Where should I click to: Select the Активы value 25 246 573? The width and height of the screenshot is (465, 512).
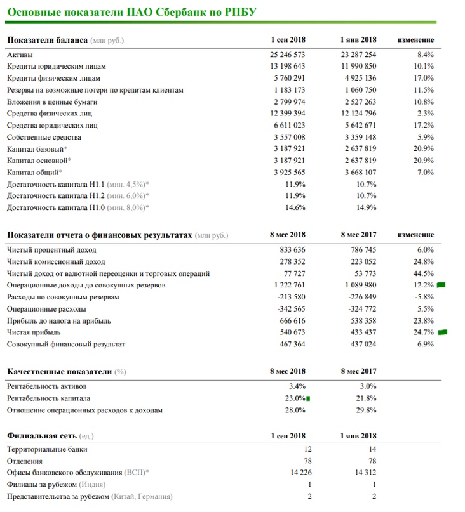tap(288, 55)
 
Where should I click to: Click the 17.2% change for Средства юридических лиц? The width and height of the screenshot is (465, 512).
tap(424, 126)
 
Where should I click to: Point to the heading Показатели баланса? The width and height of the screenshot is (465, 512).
tap(47, 41)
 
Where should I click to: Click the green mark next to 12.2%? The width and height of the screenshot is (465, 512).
tap(441, 286)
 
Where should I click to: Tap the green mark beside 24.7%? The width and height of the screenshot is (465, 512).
tap(443, 331)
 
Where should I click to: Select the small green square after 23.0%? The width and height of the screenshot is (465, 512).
tap(308, 398)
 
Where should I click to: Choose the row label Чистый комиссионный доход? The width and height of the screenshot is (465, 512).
tap(55, 262)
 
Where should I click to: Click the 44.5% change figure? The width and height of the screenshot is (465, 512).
tap(424, 273)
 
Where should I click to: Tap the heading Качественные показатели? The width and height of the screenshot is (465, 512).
tap(59, 371)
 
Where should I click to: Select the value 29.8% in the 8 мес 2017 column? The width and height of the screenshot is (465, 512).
tap(366, 410)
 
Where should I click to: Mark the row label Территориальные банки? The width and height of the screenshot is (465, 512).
tap(46, 449)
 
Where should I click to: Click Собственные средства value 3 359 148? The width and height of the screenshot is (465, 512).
tap(359, 137)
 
